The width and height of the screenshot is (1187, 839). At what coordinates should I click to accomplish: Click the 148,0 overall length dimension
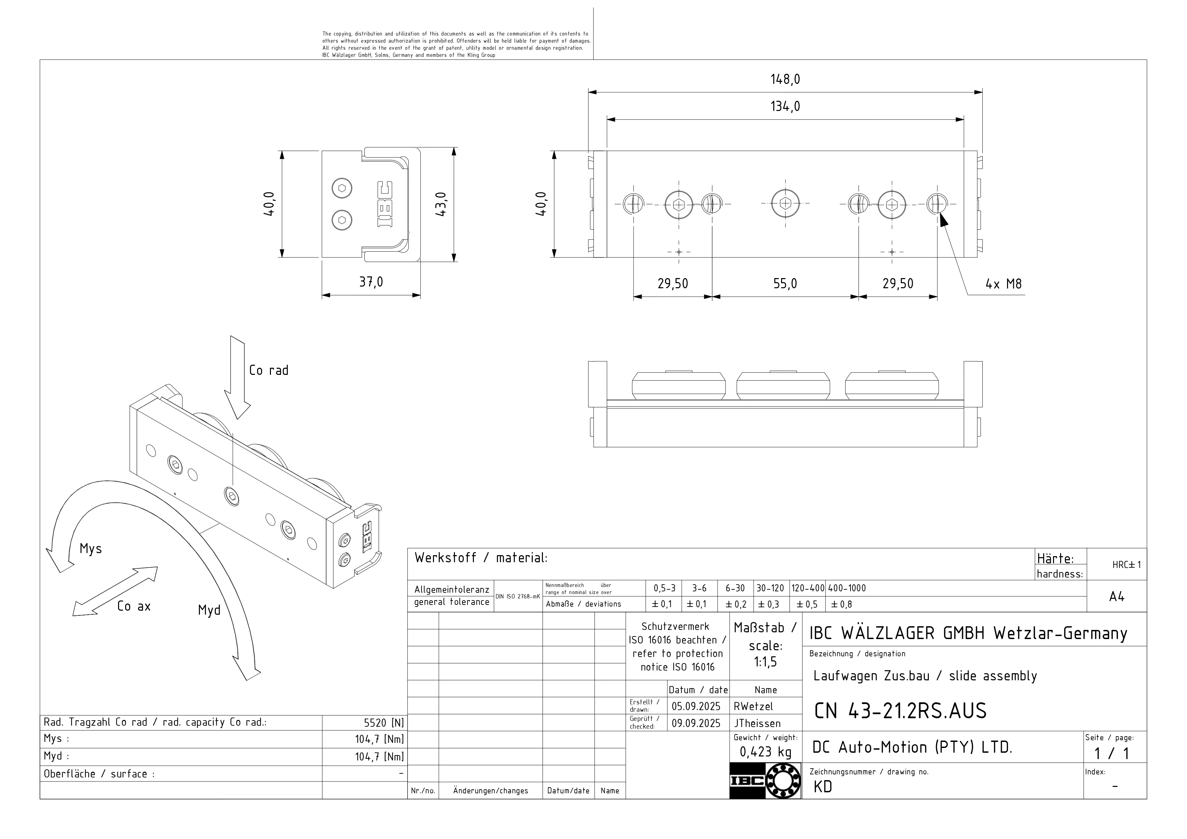point(785,80)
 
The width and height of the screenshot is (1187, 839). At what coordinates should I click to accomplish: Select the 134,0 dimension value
point(785,107)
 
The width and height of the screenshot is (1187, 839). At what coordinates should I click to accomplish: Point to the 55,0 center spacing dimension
point(785,284)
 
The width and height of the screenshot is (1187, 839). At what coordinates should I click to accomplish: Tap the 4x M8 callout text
point(1003,284)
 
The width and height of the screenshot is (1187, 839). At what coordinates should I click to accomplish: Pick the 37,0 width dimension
point(371,282)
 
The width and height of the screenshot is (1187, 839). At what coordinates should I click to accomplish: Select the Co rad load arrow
point(237,377)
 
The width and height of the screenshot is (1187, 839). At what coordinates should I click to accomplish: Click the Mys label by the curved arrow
point(90,549)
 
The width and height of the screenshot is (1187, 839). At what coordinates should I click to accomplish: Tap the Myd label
point(209,611)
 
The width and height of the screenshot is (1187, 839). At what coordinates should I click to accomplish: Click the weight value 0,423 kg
point(765,752)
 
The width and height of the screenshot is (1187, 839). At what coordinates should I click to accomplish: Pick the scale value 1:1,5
point(765,662)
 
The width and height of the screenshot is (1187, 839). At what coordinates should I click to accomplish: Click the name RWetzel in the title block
point(753,706)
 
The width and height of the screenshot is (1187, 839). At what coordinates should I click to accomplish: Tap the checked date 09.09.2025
point(696,723)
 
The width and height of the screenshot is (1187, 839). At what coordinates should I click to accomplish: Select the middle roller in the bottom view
point(783,386)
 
